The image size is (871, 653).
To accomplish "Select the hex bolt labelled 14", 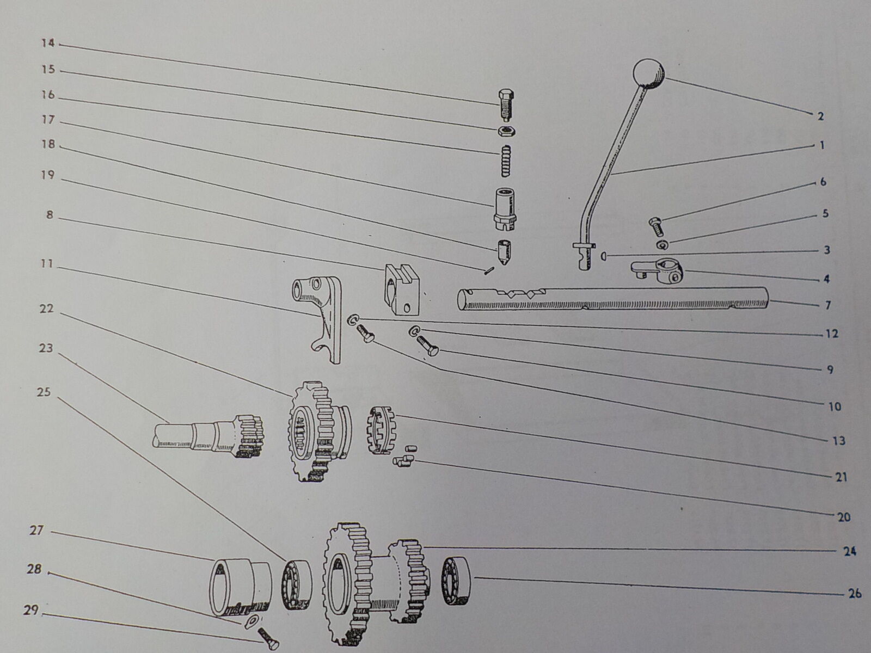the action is pos(506,106).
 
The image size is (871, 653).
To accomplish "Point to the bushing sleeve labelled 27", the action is pos(240,588).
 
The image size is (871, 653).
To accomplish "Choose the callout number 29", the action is pos(31,610).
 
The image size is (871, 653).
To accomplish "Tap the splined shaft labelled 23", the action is pos(208,438).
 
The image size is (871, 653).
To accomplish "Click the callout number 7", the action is pos(827,305).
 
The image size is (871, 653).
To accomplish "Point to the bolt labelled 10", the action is pos(427,345).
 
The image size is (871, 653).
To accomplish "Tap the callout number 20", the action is pos(844,517).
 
